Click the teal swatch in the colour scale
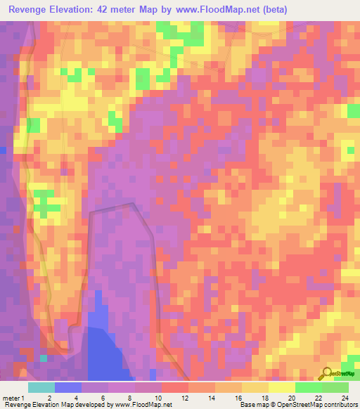click(x=41, y=387)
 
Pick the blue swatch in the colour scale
click(x=68, y=387)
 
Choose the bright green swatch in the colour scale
click(x=308, y=387)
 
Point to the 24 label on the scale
click(x=344, y=397)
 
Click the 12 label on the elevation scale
click(x=184, y=397)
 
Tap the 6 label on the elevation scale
click(x=103, y=397)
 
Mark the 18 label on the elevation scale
click(x=264, y=397)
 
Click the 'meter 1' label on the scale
click(x=15, y=397)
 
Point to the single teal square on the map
click(x=44, y=358)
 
